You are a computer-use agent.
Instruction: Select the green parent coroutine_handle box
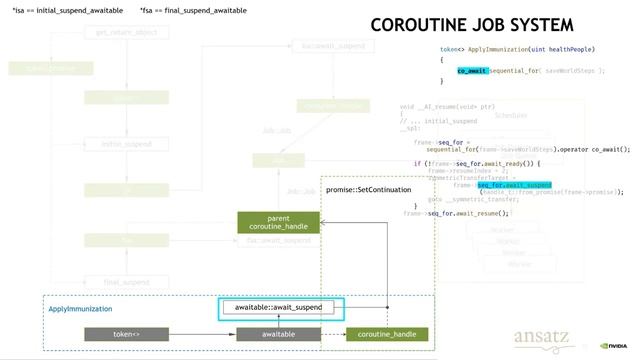coord(278,222)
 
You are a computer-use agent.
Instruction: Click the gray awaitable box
coord(278,334)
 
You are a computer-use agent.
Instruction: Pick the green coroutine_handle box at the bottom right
coord(387,334)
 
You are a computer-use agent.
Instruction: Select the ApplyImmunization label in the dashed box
coord(81,310)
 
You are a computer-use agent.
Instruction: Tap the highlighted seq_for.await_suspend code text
coord(515,185)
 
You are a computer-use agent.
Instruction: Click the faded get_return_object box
coord(127,33)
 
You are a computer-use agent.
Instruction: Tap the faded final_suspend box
coord(127,282)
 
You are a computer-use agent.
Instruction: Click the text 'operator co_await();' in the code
coord(596,149)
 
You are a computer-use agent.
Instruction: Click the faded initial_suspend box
coord(127,144)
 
